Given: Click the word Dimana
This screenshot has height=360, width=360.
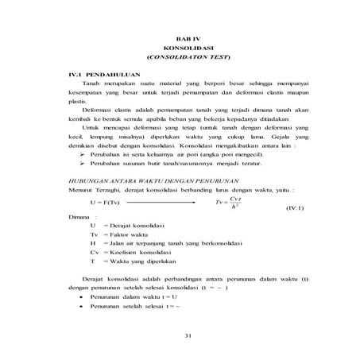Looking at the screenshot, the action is [80, 217].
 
